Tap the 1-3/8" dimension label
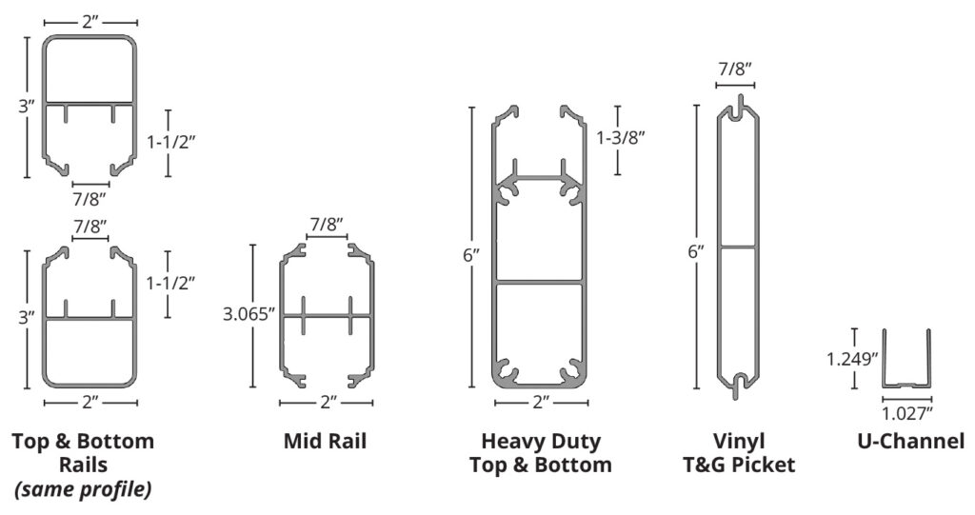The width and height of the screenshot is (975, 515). pyautogui.click(x=622, y=138)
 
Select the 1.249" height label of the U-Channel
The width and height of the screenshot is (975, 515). pyautogui.click(x=850, y=359)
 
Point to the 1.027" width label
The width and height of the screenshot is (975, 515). pyautogui.click(x=905, y=412)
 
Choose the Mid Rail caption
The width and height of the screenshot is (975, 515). pyautogui.click(x=325, y=442)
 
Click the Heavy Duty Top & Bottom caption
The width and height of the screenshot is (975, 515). pyautogui.click(x=541, y=453)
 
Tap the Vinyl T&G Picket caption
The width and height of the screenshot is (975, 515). pyautogui.click(x=739, y=453)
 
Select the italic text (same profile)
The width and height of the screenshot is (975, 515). pyautogui.click(x=83, y=489)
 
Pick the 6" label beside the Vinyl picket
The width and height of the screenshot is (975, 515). pyautogui.click(x=697, y=252)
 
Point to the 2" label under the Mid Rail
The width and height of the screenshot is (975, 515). pyautogui.click(x=328, y=403)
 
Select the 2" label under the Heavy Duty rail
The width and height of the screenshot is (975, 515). pyautogui.click(x=540, y=403)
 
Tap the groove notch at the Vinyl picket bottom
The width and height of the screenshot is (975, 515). pyautogui.click(x=739, y=384)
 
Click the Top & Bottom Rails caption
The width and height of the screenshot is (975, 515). pyautogui.click(x=83, y=453)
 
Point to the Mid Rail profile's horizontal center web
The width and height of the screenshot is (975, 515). pyautogui.click(x=328, y=314)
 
